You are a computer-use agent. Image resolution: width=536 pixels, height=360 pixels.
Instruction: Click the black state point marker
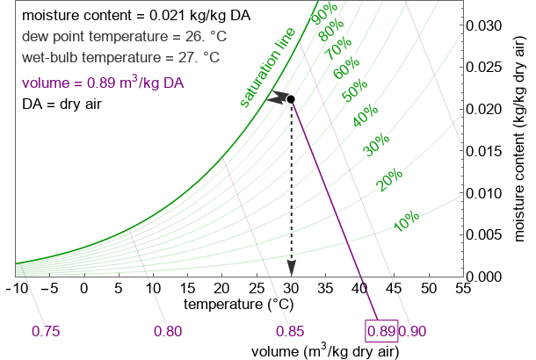[x=291, y=98]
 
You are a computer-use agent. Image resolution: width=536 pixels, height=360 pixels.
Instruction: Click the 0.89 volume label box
[x=380, y=331]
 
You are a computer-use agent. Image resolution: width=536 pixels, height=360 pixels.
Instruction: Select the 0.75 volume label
[x=46, y=331]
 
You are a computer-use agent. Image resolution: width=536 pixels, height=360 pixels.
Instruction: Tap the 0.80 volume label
[x=168, y=331]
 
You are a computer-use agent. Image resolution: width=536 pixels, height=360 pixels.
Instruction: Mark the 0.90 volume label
[x=412, y=331]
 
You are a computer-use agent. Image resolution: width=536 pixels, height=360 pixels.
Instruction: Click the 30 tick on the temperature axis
[x=291, y=288]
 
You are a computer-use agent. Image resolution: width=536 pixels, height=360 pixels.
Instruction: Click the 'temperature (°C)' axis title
[x=237, y=305]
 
